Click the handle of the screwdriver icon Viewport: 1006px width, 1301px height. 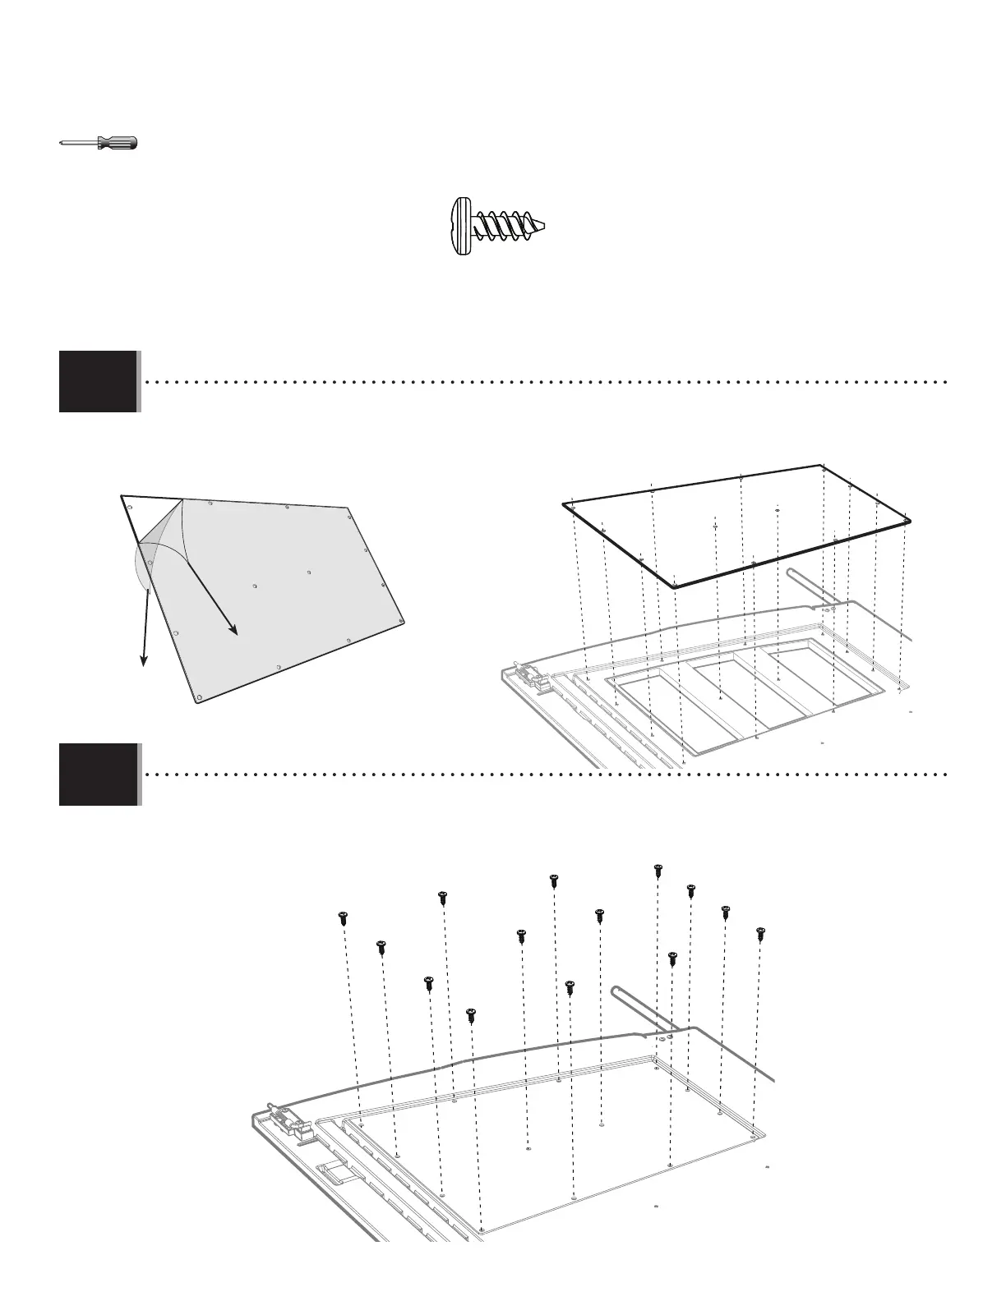point(118,143)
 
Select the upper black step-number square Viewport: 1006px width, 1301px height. point(98,381)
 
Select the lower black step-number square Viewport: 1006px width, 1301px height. point(98,774)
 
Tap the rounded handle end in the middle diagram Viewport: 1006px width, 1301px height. point(791,572)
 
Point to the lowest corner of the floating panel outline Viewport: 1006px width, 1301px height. point(674,586)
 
